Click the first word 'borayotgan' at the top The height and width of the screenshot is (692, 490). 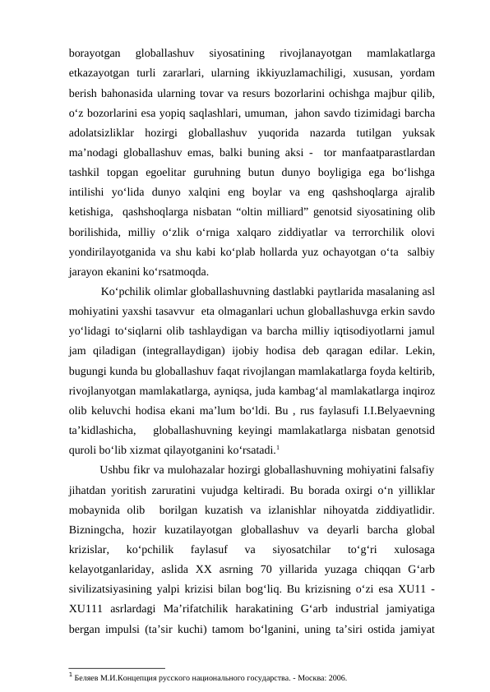tap(94, 54)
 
